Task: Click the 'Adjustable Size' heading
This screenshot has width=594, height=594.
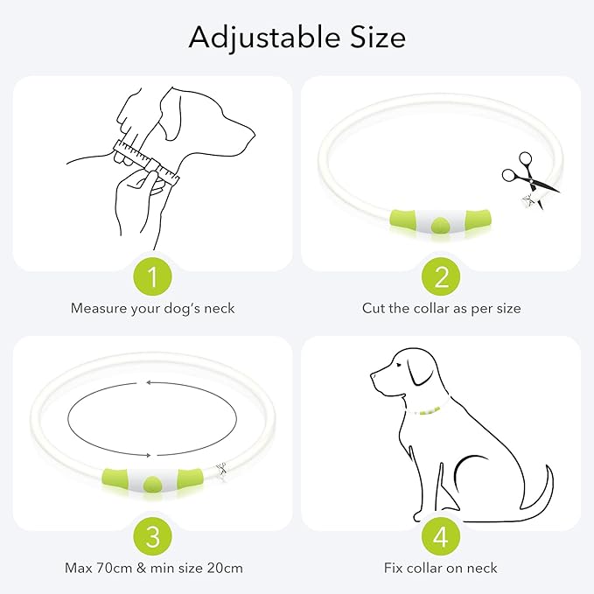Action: click(x=297, y=38)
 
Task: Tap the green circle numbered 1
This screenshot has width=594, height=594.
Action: click(x=153, y=278)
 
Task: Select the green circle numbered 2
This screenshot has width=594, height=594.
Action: click(x=441, y=278)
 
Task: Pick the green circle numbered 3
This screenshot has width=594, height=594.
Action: click(x=153, y=537)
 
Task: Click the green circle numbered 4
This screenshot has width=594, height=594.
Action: click(x=441, y=537)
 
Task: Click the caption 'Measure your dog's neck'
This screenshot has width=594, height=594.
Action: click(x=153, y=309)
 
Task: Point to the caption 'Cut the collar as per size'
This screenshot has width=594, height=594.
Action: click(x=441, y=309)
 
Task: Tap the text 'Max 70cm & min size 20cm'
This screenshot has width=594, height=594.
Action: click(x=153, y=568)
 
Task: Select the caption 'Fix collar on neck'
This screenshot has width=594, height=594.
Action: click(x=441, y=568)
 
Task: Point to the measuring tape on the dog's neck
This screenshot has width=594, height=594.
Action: click(x=145, y=162)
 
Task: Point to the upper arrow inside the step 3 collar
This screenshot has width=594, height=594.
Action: click(x=153, y=383)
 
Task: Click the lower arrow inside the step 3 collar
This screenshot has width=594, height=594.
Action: click(x=153, y=454)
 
